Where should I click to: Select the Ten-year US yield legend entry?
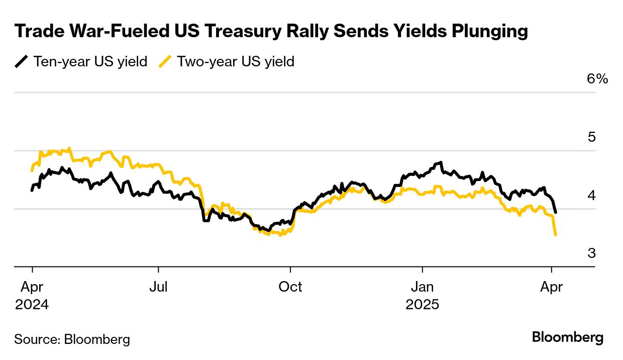(90, 62)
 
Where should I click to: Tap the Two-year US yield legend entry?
(236, 62)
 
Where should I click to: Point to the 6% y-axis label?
(597, 79)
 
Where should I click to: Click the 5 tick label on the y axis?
(591, 137)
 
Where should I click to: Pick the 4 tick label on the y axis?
(591, 195)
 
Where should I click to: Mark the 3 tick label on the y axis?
(591, 253)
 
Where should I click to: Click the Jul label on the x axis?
(158, 287)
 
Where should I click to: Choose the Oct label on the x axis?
(290, 287)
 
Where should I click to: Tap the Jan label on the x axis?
(423, 287)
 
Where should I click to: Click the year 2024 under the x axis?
(32, 305)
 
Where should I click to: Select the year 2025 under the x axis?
(423, 305)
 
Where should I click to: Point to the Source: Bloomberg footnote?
(72, 339)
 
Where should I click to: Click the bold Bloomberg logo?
(568, 337)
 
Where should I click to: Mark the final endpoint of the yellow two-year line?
(555, 235)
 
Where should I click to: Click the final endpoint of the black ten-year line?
(555, 212)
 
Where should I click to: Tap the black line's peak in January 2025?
(441, 162)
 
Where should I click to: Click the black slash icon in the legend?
(21, 62)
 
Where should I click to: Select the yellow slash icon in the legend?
(165, 62)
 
